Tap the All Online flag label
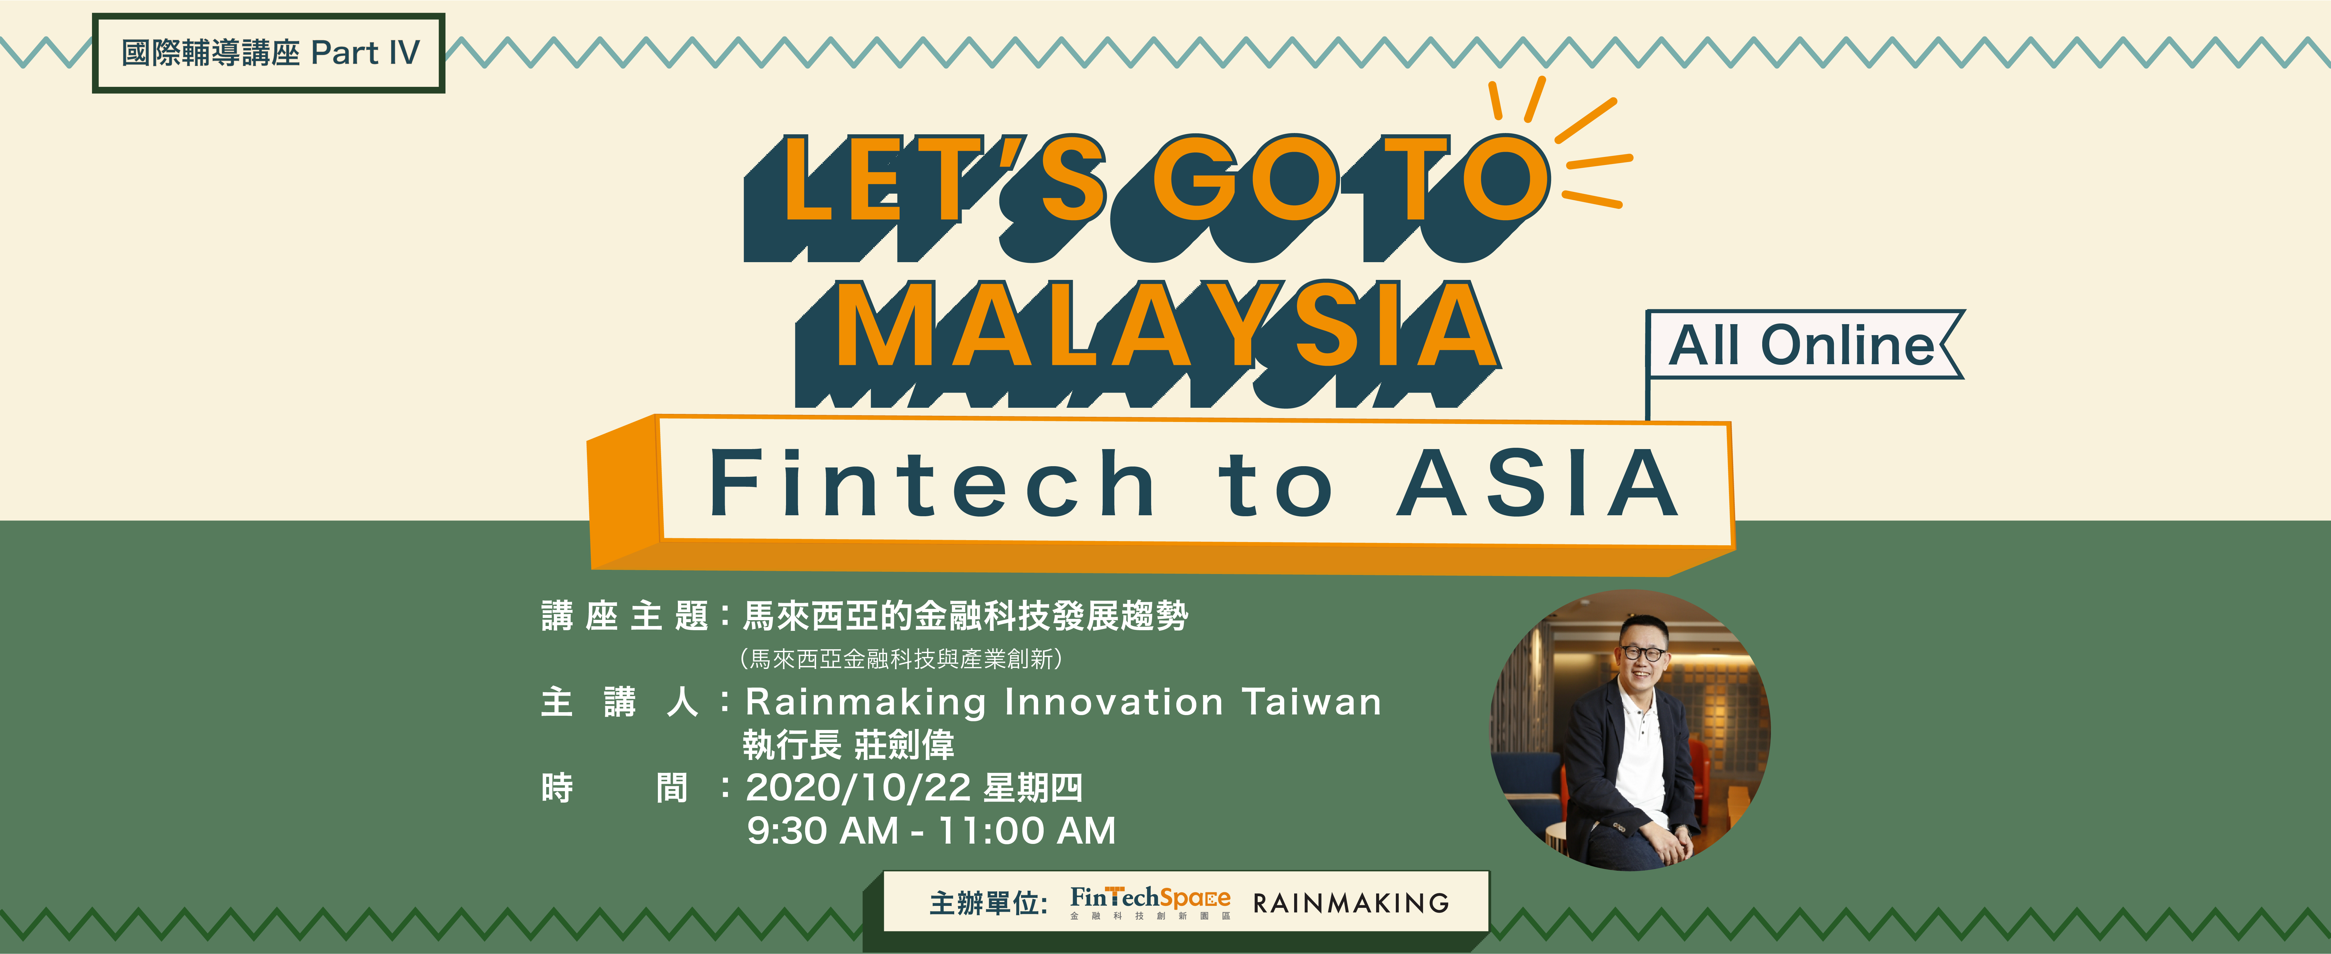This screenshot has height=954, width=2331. point(1803,345)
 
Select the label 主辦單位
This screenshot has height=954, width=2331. point(988,903)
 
